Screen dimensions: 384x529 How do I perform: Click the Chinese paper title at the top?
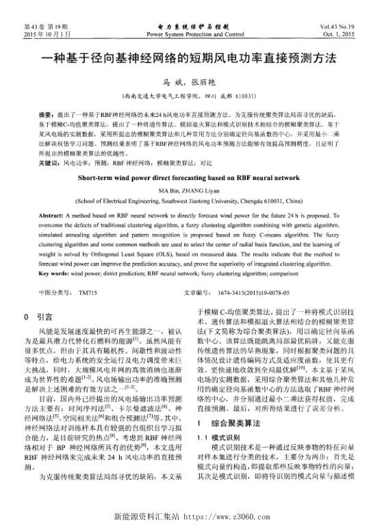192,59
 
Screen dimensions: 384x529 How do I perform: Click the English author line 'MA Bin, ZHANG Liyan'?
192,190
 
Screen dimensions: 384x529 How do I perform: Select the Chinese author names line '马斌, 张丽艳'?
192,81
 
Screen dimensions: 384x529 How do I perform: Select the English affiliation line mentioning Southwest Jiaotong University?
192,202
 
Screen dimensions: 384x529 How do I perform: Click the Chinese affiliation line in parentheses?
192,95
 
